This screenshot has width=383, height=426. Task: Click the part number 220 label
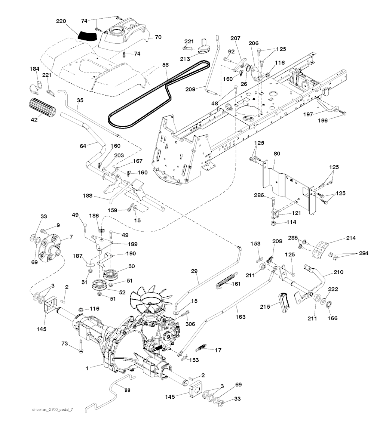coord(62,22)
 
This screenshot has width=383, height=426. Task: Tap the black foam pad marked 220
coord(87,36)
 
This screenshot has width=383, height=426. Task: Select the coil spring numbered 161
coord(226,280)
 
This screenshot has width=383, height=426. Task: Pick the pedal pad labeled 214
coord(320,249)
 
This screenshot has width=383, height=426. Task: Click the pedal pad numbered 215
coord(284,302)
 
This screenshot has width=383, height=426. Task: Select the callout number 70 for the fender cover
coord(158,37)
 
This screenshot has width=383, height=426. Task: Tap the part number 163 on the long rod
coord(241,317)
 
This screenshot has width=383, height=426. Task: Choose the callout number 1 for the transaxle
coord(86,368)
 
